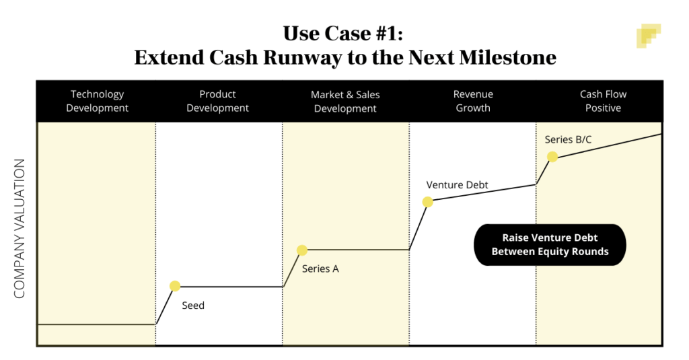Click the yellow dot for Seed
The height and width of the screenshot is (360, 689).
click(175, 286)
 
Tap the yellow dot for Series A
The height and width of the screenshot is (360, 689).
click(302, 250)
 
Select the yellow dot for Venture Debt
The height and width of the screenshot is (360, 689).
click(427, 202)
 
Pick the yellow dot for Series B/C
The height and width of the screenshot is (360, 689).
click(552, 157)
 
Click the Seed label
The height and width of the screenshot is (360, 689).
click(193, 305)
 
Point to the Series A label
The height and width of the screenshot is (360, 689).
click(320, 269)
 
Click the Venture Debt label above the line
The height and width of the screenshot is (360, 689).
click(457, 185)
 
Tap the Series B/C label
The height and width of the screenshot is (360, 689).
click(569, 140)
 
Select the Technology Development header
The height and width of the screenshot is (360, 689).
click(97, 101)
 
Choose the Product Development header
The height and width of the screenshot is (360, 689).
click(217, 101)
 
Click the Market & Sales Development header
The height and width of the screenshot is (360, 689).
click(345, 102)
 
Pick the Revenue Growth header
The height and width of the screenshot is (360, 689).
click(473, 101)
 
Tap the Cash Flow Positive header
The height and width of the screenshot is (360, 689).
click(603, 101)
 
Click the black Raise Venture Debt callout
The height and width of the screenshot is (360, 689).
click(550, 244)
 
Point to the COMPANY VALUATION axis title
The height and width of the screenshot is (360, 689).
click(20, 228)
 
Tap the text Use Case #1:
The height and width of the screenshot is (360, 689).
click(344, 33)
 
